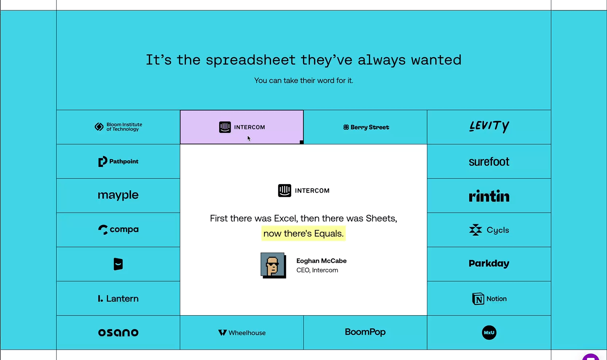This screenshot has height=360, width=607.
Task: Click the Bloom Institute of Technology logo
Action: tap(118, 127)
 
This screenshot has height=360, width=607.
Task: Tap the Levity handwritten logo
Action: tap(489, 126)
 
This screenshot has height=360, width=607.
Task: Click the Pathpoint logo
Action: tap(118, 161)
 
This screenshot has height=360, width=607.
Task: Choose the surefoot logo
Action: tap(489, 162)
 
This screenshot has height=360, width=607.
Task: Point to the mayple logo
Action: tap(118, 195)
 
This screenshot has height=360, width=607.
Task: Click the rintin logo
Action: tap(489, 196)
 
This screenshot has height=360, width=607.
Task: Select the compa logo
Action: tap(118, 230)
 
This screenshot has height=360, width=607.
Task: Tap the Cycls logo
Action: tap(489, 230)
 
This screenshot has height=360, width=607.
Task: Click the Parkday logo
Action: tap(489, 263)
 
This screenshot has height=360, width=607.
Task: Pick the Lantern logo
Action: tap(118, 298)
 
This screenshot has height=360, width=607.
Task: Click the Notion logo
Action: tap(489, 299)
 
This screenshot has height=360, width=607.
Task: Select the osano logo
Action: tap(118, 333)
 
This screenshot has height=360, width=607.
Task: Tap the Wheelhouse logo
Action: tap(242, 333)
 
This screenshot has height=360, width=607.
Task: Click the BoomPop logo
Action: tap(365, 332)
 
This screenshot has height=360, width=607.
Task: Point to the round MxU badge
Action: tap(489, 333)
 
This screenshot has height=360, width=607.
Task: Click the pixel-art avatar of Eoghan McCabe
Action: tap(273, 265)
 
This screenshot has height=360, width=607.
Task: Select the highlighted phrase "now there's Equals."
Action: tap(303, 234)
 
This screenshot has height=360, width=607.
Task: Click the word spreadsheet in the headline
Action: tap(251, 60)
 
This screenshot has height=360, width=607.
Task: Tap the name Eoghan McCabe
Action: tap(321, 261)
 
